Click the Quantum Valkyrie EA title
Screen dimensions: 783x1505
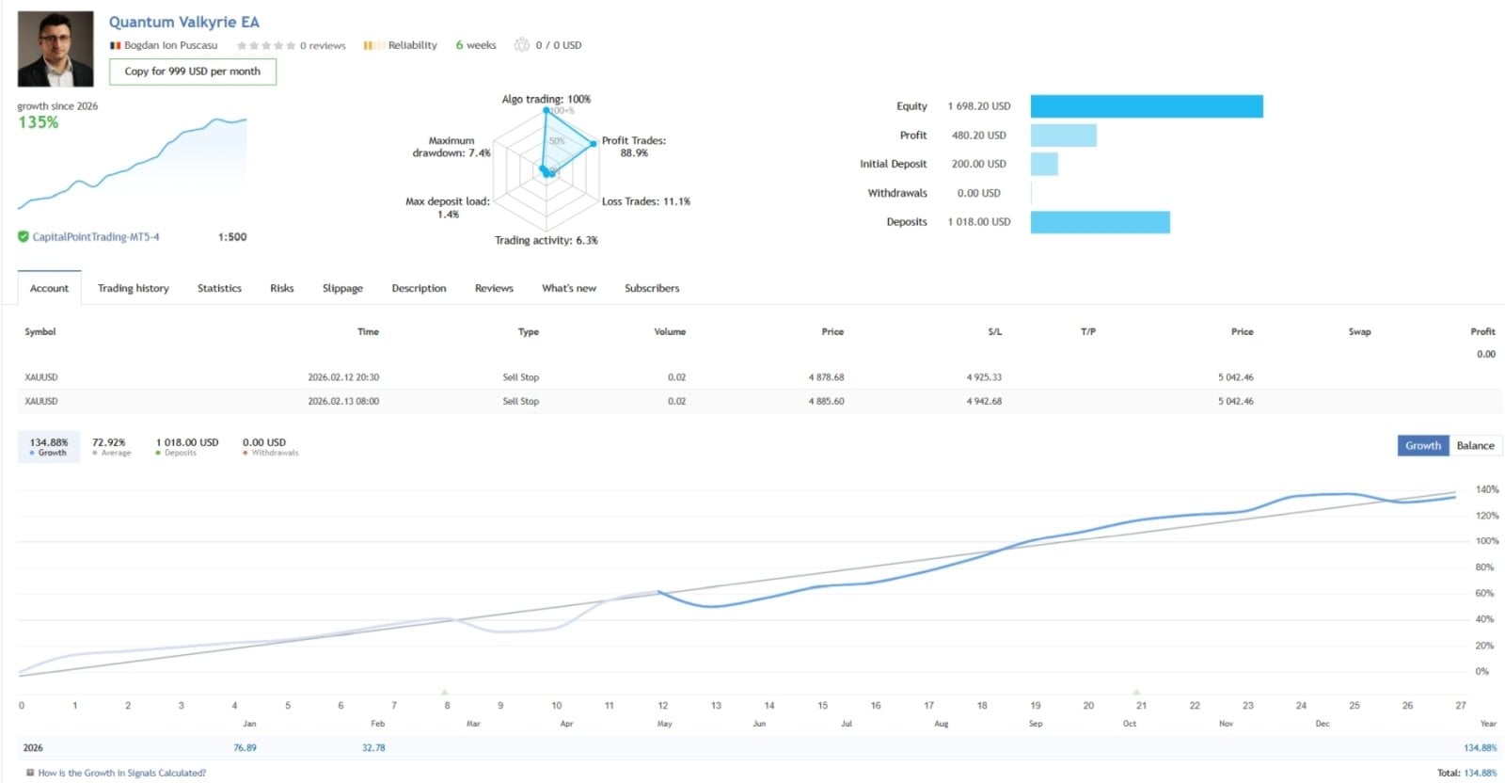tap(183, 22)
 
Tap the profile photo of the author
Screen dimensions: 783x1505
tap(55, 49)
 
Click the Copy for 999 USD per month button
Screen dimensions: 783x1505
tap(193, 72)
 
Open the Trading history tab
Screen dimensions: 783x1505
tap(133, 288)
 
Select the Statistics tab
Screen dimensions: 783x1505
tap(219, 288)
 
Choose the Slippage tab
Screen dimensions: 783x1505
tap(342, 288)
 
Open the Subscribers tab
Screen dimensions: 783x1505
tap(651, 288)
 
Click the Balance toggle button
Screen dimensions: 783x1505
tap(1474, 445)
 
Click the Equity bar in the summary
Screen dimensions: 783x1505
tap(1146, 106)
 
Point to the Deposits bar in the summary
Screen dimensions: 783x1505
tap(1100, 222)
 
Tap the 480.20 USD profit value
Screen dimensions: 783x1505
tap(978, 136)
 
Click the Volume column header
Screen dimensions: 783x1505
tap(670, 331)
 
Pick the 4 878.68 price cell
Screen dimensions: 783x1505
tap(826, 377)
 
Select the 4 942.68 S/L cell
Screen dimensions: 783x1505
tap(984, 401)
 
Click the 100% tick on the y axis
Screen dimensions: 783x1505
tap(1486, 541)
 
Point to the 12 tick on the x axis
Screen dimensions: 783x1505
tap(663, 705)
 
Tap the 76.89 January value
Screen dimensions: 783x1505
tap(245, 747)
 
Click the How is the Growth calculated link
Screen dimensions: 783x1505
tap(121, 773)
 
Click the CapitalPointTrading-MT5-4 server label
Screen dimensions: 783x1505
tap(96, 237)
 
